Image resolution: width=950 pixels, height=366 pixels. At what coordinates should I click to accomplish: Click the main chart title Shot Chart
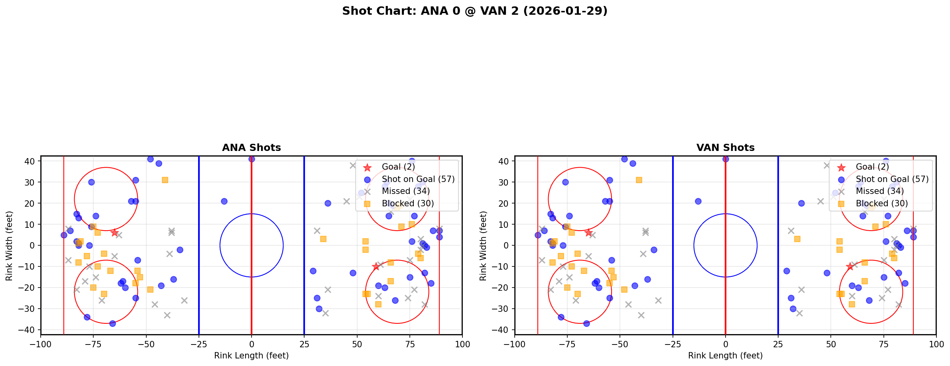coord(474,11)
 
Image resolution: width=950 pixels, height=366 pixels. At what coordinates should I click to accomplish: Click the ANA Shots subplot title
coord(251,148)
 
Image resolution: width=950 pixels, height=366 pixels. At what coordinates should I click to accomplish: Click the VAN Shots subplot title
coord(725,148)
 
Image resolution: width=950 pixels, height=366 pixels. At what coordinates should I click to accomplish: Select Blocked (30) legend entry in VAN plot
coord(881,204)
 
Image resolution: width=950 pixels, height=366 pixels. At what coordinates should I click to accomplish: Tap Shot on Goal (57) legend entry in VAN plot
coord(892,179)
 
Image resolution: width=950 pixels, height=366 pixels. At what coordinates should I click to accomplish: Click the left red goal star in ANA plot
coord(114,233)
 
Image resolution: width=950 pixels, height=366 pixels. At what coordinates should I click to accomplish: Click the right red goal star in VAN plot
coord(850,266)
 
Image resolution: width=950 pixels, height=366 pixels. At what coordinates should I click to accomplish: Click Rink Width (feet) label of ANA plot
coord(9,245)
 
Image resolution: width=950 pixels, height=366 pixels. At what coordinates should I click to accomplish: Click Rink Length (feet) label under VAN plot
coord(725,356)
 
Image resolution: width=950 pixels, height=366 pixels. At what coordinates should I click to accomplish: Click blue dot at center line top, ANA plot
coord(252,159)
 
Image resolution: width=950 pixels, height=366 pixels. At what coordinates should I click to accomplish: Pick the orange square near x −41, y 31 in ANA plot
coord(165,180)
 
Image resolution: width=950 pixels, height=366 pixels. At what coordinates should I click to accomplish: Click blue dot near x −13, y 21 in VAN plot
coord(698,201)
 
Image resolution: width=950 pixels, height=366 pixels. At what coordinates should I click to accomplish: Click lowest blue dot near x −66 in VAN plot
coord(586,323)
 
